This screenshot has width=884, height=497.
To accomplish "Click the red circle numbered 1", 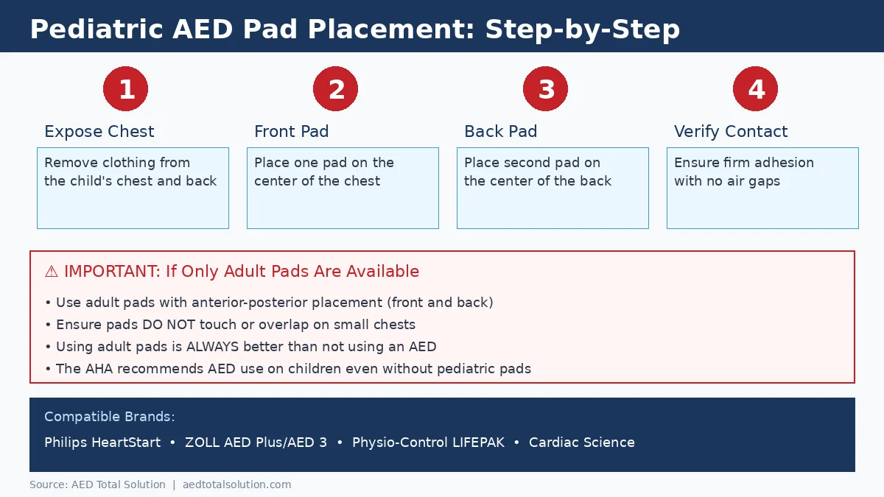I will pyautogui.click(x=125, y=89).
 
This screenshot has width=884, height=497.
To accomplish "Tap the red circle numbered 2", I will pyautogui.click(x=335, y=89).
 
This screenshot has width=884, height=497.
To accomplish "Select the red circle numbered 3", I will pyautogui.click(x=545, y=89).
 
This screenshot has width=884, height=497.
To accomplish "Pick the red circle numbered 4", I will pyautogui.click(x=755, y=89).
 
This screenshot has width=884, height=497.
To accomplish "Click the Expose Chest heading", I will pyautogui.click(x=99, y=132).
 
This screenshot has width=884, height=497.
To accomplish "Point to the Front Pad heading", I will pyautogui.click(x=291, y=132).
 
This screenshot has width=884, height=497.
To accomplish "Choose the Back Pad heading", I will pyautogui.click(x=500, y=132).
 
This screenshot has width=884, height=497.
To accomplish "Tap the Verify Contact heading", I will pyautogui.click(x=730, y=132).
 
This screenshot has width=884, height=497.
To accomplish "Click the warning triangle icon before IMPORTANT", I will pyautogui.click(x=51, y=272).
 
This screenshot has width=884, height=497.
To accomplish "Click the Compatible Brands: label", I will pyautogui.click(x=109, y=417).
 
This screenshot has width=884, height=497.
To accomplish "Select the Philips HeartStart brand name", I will pyautogui.click(x=102, y=443).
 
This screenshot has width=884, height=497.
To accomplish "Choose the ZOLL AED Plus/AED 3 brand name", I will pyautogui.click(x=256, y=443).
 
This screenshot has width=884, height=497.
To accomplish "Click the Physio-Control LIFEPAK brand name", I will pyautogui.click(x=428, y=443).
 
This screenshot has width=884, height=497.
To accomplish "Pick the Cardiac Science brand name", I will pyautogui.click(x=581, y=443).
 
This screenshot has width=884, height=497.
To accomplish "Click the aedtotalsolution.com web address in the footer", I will pyautogui.click(x=236, y=484).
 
